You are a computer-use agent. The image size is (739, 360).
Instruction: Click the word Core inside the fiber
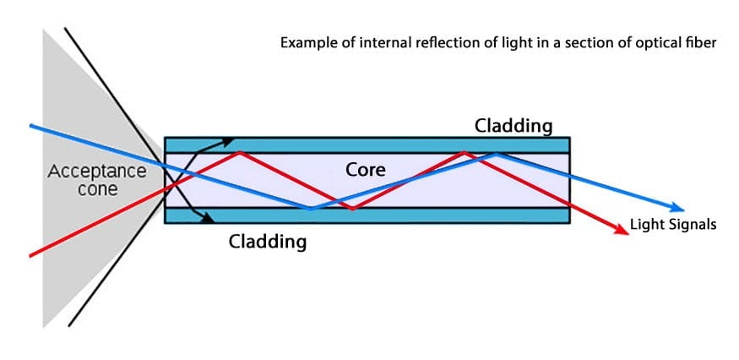coord(366,170)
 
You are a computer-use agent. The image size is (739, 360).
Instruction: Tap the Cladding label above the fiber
coord(513,126)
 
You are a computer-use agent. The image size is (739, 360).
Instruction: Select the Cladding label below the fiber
coord(267,242)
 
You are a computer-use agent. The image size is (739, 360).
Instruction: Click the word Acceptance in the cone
coord(96,172)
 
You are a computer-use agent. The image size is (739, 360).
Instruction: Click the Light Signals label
coord(673,225)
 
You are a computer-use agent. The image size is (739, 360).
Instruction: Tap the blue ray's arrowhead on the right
coord(677,209)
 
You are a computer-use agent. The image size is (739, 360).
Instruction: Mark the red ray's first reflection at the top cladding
coord(241,152)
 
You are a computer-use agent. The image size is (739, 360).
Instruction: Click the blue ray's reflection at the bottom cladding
coord(311,208)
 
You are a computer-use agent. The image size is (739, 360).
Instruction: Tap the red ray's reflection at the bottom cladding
coord(352,208)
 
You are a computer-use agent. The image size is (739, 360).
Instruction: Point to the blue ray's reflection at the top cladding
coord(497,153)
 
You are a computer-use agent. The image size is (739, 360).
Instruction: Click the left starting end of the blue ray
coord(31,126)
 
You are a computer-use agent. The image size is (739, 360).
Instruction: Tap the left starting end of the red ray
coord(31,254)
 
